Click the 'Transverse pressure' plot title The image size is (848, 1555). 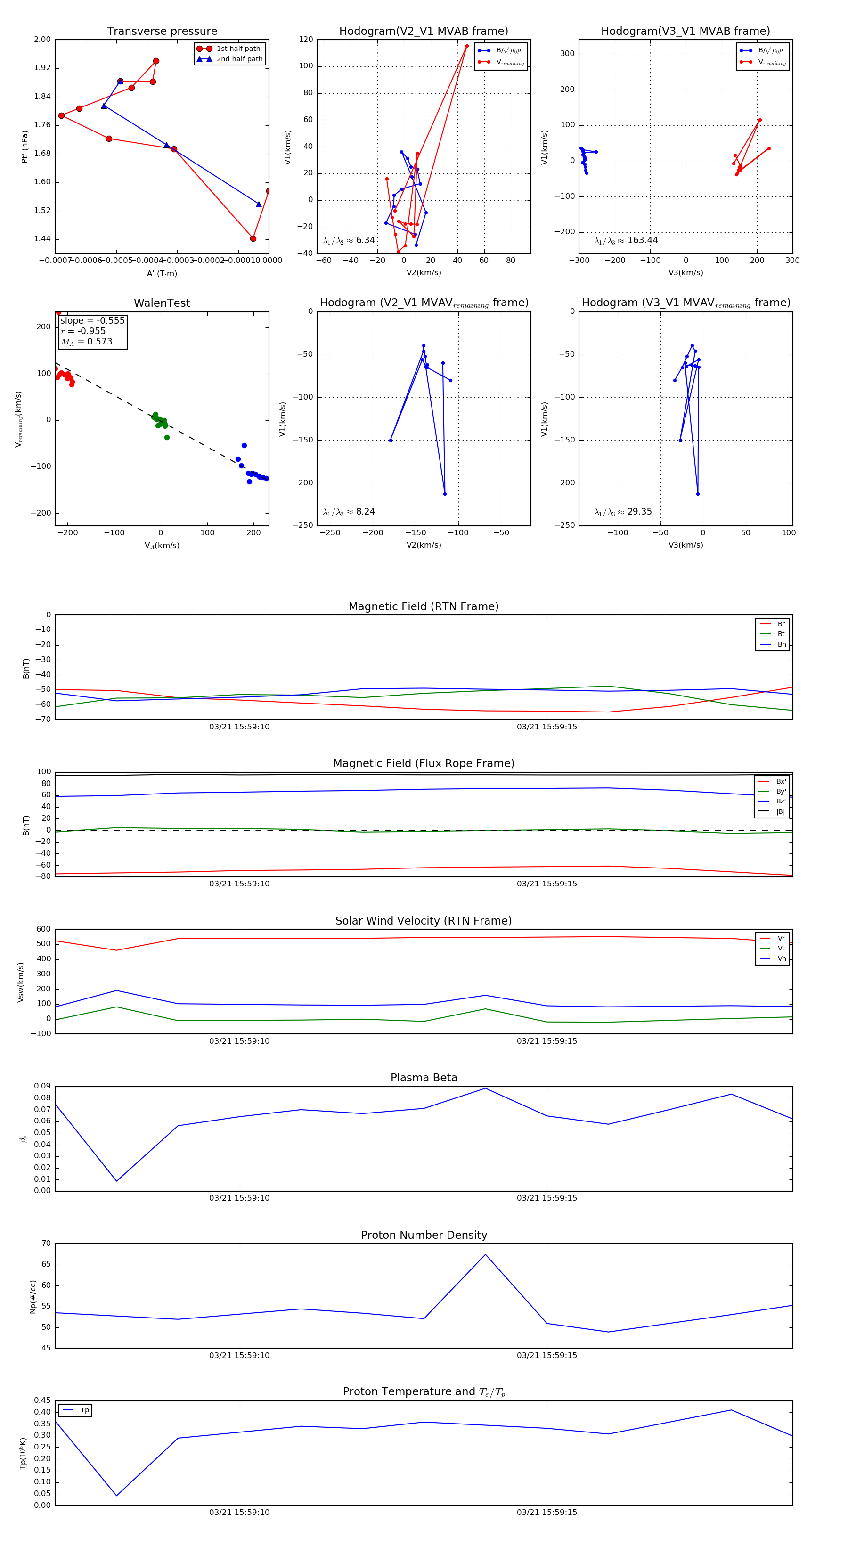click(x=162, y=32)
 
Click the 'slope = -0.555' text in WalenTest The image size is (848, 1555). click(x=92, y=320)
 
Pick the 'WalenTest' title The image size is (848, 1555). click(x=162, y=303)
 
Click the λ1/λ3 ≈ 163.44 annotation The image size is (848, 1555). click(x=626, y=240)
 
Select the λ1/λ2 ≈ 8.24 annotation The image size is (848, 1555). click(x=349, y=512)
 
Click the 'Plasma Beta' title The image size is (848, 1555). click(x=424, y=1078)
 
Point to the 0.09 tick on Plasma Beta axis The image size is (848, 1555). click(x=42, y=1086)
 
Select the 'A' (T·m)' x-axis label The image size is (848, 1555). click(x=162, y=273)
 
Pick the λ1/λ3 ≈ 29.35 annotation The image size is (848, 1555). click(x=623, y=512)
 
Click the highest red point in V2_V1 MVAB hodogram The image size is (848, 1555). click(x=466, y=46)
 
